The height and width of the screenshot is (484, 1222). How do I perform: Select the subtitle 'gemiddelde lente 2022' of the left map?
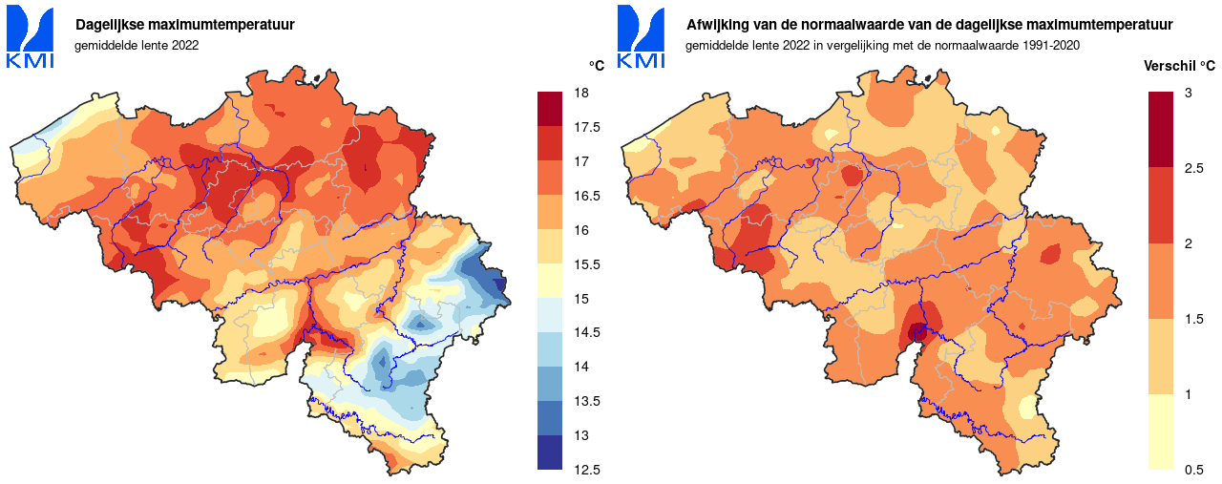tap(137, 45)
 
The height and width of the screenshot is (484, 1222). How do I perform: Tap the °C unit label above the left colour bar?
tap(597, 66)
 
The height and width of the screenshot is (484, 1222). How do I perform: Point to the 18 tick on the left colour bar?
tap(580, 93)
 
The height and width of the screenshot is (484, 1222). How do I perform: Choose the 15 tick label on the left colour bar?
tap(580, 298)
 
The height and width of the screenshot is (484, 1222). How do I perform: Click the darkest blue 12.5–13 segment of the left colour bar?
tap(550, 452)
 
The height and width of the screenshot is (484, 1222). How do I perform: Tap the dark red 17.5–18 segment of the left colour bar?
tap(550, 109)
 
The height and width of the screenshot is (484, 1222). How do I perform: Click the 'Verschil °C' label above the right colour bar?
tap(1179, 66)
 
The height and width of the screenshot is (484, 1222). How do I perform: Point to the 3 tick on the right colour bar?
tap(1188, 93)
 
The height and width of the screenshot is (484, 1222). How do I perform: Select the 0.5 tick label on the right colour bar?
tap(1193, 470)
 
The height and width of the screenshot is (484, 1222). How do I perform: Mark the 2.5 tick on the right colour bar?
tap(1193, 168)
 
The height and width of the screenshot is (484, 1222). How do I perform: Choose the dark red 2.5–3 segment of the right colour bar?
tap(1161, 130)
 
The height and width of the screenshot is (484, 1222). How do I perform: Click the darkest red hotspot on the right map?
tap(918, 332)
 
